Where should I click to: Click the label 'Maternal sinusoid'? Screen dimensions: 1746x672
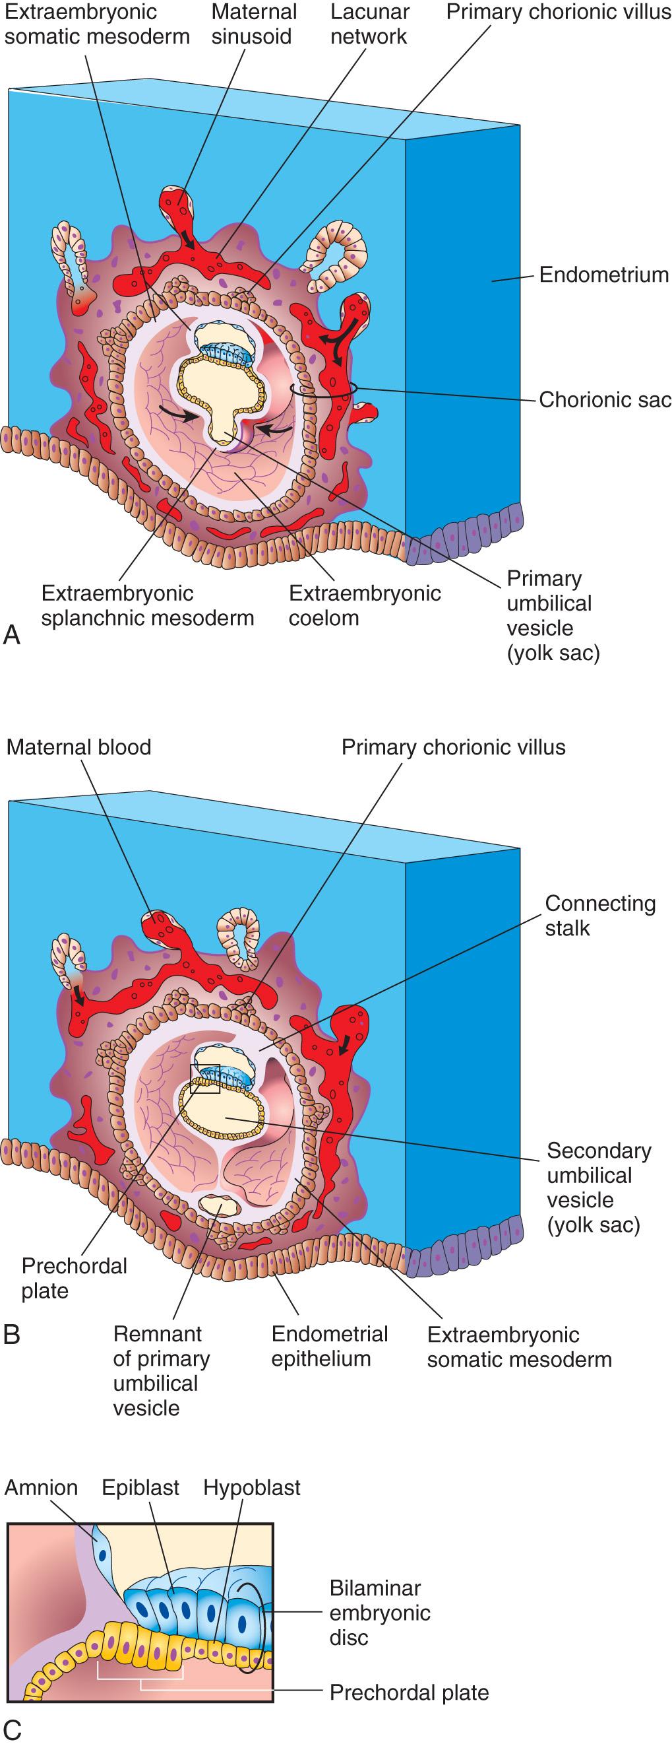[253, 24]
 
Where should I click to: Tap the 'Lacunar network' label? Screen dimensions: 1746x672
[369, 24]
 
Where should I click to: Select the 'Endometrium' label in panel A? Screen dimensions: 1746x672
[603, 275]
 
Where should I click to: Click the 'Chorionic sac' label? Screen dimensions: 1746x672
[604, 400]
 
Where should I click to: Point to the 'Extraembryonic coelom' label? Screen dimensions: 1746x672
[365, 605]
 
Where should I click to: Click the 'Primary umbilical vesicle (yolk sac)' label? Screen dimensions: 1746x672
[552, 615]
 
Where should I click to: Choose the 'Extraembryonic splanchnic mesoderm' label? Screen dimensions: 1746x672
[147, 605]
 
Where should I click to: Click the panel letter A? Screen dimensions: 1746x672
[11, 635]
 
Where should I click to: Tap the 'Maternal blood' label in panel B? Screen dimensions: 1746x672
[78, 747]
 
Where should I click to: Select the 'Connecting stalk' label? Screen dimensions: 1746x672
[599, 916]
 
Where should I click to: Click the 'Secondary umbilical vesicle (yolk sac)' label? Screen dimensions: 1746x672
[598, 1188]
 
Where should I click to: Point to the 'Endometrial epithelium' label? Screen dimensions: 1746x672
[329, 1346]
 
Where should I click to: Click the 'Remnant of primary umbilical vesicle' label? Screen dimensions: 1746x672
[160, 1370]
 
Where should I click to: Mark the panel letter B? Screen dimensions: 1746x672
[11, 1335]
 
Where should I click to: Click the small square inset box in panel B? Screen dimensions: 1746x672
[205, 1079]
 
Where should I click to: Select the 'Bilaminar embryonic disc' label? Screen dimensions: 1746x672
[379, 1613]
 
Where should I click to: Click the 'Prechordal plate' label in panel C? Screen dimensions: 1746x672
[408, 1693]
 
